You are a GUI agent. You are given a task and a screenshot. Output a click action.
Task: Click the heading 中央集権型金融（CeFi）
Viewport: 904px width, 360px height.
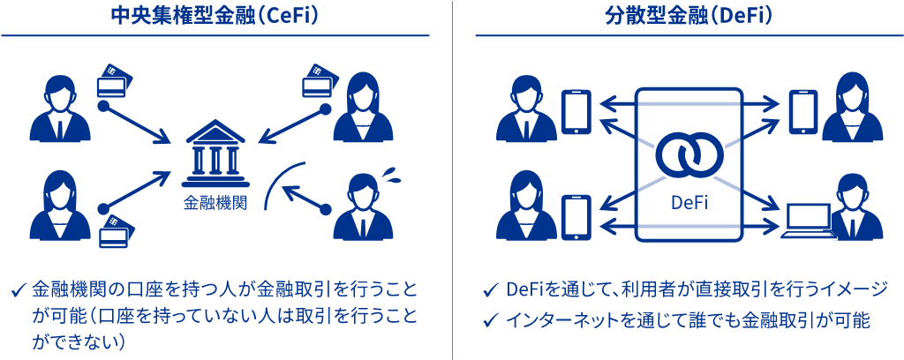[216, 15]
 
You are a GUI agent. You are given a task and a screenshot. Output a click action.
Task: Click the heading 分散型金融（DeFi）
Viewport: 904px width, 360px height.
[677, 15]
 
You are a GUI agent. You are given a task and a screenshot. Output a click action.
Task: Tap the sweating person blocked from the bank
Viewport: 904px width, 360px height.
[363, 209]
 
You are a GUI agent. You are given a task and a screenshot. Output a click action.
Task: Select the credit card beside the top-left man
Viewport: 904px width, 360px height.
[114, 80]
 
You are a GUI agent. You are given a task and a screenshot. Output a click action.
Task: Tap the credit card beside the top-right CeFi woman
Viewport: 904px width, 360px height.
[317, 81]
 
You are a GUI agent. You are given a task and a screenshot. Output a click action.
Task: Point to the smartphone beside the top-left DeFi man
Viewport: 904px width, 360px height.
[576, 112]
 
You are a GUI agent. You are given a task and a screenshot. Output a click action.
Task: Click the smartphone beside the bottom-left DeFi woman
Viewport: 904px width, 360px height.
[576, 217]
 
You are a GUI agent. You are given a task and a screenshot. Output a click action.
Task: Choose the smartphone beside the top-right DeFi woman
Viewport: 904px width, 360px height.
[803, 112]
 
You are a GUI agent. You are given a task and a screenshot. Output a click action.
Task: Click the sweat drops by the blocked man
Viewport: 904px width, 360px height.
[394, 173]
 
